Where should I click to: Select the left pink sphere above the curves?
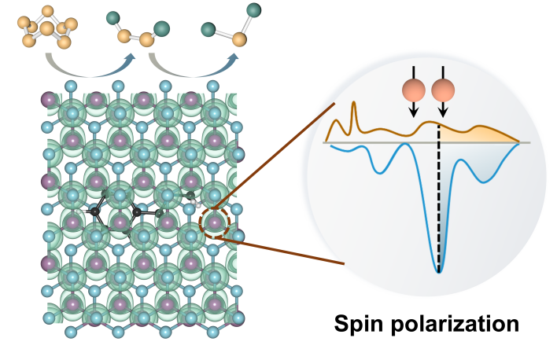tap(413, 90)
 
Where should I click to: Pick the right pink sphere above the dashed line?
tap(443, 90)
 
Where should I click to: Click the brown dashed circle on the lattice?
tap(214, 223)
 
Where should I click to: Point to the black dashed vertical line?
tap(439, 197)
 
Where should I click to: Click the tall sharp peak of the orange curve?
tap(354, 108)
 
